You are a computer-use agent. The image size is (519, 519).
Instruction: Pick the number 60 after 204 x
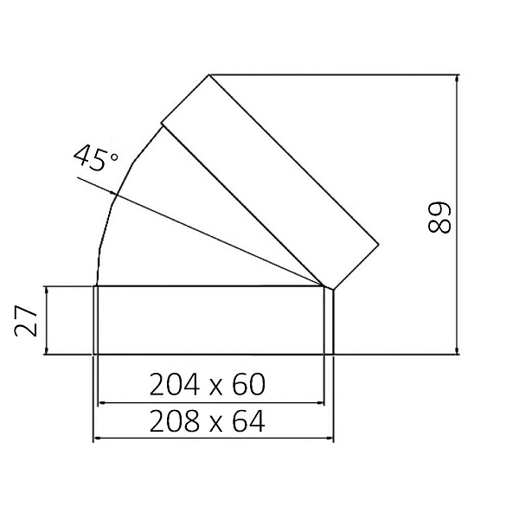tap(246, 384)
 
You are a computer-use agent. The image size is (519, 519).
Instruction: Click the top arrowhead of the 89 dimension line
tap(458, 79)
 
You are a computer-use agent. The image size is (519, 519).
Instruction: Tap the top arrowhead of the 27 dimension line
tap(48, 291)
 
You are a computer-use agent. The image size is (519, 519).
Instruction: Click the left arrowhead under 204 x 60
tap(101, 402)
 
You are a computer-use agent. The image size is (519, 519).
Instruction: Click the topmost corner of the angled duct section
tap(209, 74)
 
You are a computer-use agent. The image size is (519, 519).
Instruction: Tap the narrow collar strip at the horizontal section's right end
tap(330, 320)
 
